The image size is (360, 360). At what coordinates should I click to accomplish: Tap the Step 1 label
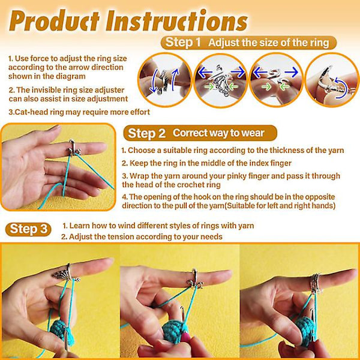point(183,43)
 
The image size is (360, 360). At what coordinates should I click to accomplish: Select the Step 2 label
point(147,133)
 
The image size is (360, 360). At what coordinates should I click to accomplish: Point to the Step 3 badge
point(28,229)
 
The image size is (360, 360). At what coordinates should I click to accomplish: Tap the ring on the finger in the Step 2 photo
point(74,148)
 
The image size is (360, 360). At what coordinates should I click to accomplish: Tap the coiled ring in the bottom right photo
point(316,283)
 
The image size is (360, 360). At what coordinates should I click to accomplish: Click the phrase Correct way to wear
point(218,133)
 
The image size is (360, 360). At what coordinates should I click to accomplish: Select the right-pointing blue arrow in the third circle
point(291,73)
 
